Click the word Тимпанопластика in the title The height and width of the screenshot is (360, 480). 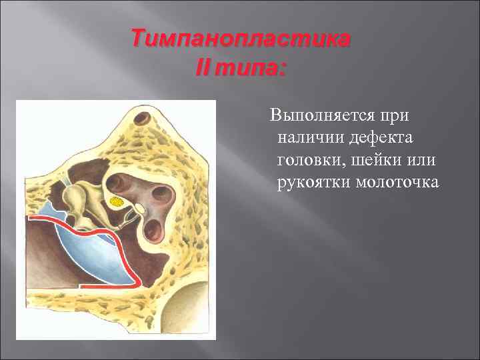(240, 39)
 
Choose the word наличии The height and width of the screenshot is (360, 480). (307, 138)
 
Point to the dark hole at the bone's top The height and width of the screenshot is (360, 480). (141, 120)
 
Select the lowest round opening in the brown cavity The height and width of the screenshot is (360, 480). (153, 229)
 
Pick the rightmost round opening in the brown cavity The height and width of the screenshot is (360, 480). (160, 194)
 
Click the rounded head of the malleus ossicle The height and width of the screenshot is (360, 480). (73, 196)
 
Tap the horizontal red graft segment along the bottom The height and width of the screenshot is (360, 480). (107, 285)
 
